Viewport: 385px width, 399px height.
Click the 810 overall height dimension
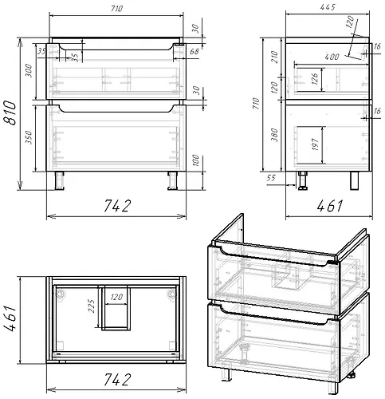pyautogui.click(x=10, y=113)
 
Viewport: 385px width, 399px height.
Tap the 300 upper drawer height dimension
pyautogui.click(x=29, y=70)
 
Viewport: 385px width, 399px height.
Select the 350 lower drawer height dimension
pyautogui.click(x=29, y=137)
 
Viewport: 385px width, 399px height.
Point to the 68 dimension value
pyautogui.click(x=194, y=51)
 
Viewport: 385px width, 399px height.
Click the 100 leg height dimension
pyautogui.click(x=196, y=160)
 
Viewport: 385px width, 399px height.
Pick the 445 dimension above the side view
pyautogui.click(x=328, y=7)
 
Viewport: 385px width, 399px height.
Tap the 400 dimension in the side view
pyautogui.click(x=332, y=57)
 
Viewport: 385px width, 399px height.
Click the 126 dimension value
pyautogui.click(x=315, y=79)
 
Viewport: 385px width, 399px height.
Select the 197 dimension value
pyautogui.click(x=315, y=144)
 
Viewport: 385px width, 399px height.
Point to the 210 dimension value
pyautogui.click(x=275, y=57)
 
